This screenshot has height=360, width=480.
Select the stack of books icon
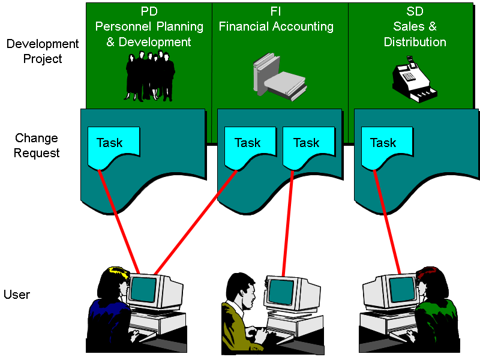(279, 76)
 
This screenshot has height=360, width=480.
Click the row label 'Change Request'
(37, 146)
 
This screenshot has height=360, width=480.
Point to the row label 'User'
(17, 295)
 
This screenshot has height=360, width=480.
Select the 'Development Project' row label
(42, 52)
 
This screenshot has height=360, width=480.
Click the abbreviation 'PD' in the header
(149, 11)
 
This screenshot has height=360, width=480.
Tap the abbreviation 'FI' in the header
(276, 11)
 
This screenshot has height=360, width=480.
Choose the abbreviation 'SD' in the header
(415, 11)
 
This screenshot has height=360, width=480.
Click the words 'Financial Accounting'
(276, 27)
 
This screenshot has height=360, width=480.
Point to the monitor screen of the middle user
(281, 292)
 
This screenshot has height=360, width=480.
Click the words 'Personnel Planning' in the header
(149, 27)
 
